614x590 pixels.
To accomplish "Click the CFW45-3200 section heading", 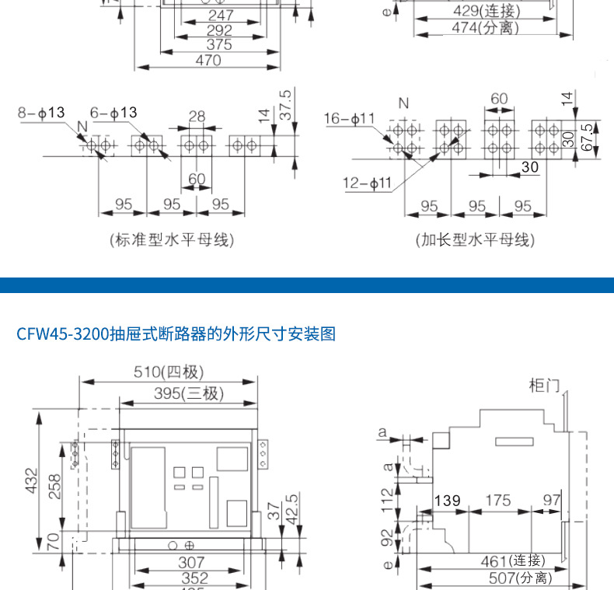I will click(176, 334).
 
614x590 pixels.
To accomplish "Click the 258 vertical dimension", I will click(54, 487).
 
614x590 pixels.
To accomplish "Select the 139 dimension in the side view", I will click(447, 501).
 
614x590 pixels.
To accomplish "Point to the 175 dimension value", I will click(497, 501).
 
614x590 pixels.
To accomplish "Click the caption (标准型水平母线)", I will click(172, 239).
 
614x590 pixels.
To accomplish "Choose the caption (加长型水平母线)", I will click(475, 239).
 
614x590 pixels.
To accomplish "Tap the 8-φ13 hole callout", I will click(41, 113).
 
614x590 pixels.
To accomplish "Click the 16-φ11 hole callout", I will click(350, 118).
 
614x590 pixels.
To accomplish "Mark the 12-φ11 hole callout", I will click(369, 183).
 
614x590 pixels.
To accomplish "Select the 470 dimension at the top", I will click(208, 60).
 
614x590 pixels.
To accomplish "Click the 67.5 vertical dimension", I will click(586, 137).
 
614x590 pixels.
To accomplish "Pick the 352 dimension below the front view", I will click(195, 578).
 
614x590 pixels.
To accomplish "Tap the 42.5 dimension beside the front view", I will click(292, 509).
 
